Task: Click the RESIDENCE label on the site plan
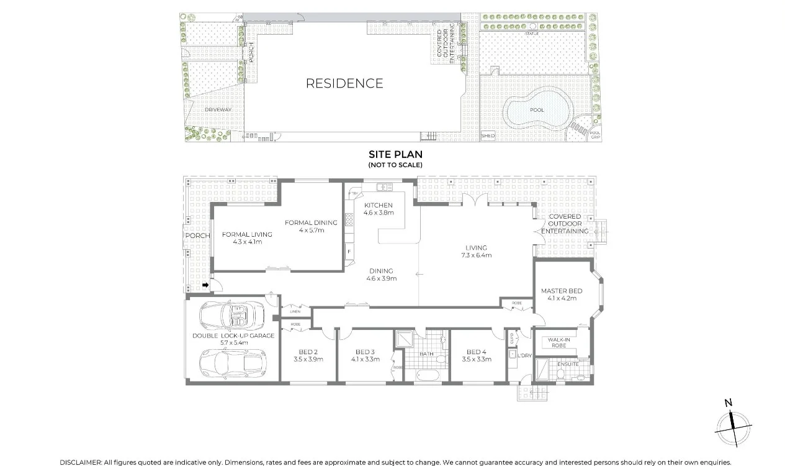pyautogui.click(x=344, y=83)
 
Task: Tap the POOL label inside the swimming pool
pyautogui.click(x=537, y=110)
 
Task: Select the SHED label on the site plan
pyautogui.click(x=488, y=135)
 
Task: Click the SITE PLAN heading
pyautogui.click(x=395, y=154)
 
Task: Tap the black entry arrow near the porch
pyautogui.click(x=205, y=285)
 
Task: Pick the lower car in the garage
pyautogui.click(x=233, y=361)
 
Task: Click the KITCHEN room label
pyautogui.click(x=378, y=205)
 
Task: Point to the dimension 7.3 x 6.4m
pyautogui.click(x=476, y=255)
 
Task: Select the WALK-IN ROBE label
pyautogui.click(x=559, y=343)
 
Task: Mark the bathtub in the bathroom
pyautogui.click(x=428, y=376)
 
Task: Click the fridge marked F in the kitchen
pyautogui.click(x=349, y=251)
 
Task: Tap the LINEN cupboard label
pyautogui.click(x=295, y=311)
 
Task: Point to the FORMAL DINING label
pyautogui.click(x=311, y=222)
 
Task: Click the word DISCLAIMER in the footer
pyautogui.click(x=80, y=462)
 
